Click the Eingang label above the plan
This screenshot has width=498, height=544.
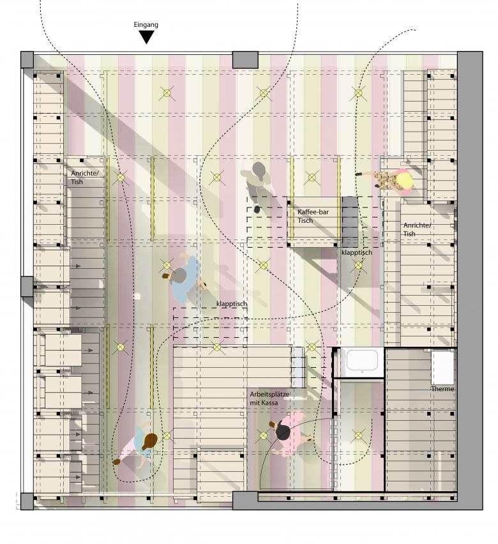(x=146, y=25)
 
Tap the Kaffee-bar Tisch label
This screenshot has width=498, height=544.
(x=313, y=216)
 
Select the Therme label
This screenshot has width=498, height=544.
(x=442, y=389)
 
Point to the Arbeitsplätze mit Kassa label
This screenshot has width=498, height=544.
(x=269, y=398)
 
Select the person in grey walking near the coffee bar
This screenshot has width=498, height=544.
(x=259, y=184)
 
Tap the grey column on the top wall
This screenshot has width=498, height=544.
(x=245, y=59)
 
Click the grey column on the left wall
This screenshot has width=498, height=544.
(x=27, y=287)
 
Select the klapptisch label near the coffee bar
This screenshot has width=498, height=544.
(x=356, y=253)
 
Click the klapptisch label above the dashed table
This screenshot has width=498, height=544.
(x=232, y=304)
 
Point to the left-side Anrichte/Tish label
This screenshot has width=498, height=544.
(x=85, y=178)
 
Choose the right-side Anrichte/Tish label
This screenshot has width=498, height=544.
(x=417, y=229)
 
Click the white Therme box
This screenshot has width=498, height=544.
(x=442, y=368)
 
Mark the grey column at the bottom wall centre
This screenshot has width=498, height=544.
(x=245, y=501)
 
